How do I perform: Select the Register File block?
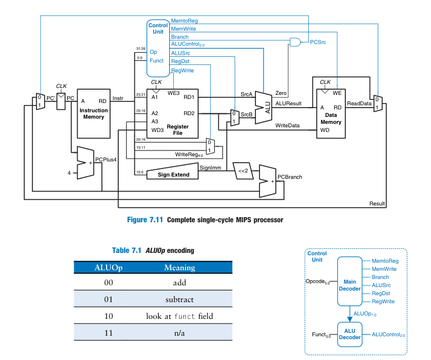173,113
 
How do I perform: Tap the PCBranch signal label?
290,177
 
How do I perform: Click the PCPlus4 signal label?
106,159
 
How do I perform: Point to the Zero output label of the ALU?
281,93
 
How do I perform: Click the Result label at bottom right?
377,203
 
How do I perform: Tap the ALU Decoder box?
349,334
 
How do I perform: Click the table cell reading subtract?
180,300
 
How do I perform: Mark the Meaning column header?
180,267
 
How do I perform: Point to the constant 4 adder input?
69,172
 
